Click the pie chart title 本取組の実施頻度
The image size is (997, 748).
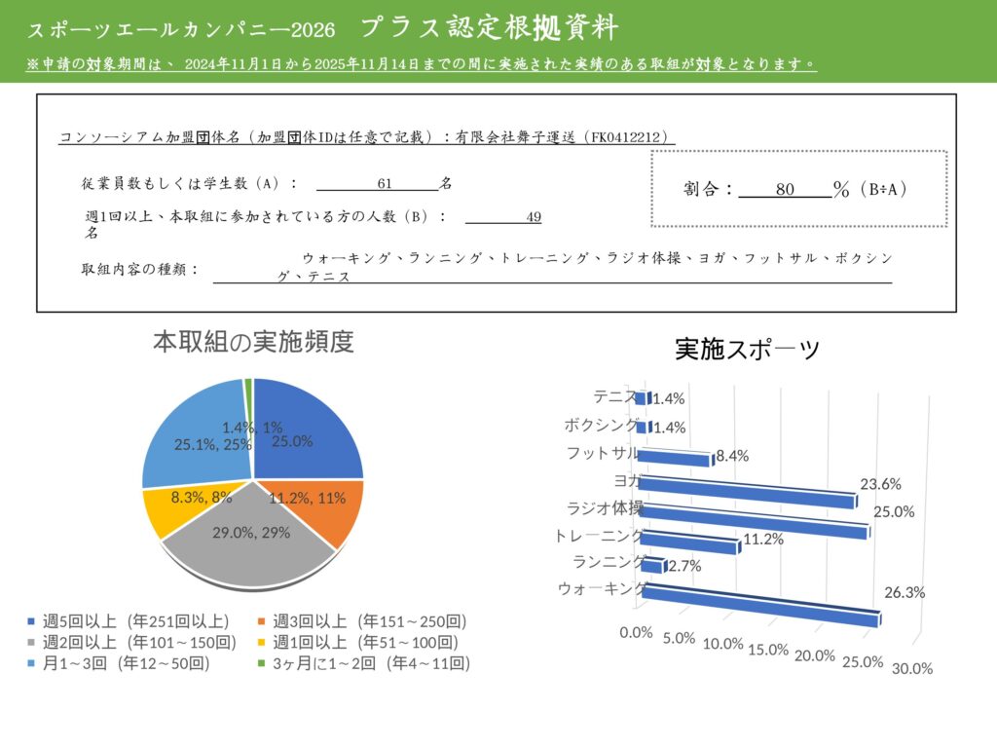(253, 342)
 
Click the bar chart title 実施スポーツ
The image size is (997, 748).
(748, 350)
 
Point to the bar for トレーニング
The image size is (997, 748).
(690, 542)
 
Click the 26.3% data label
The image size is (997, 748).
(905, 592)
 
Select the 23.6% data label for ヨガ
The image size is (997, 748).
(880, 483)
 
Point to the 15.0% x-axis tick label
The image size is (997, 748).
(767, 650)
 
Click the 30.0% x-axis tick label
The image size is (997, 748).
(912, 668)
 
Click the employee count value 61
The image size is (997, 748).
(384, 184)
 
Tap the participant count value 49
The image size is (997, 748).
(533, 217)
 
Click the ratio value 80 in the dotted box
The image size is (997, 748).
(786, 190)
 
